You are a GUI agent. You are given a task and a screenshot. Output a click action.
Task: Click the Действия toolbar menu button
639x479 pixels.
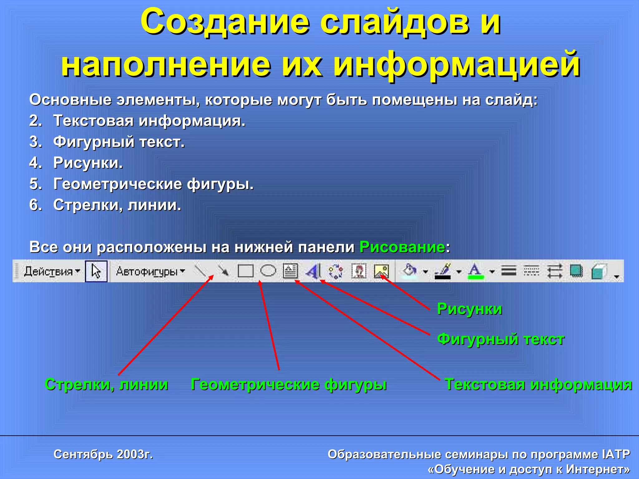[52, 272]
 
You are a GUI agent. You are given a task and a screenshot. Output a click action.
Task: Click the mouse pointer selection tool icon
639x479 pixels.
[96, 271]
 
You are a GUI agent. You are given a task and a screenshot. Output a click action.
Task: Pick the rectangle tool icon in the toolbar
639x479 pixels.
[246, 271]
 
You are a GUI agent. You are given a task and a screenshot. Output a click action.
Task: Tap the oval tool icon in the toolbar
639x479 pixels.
[268, 271]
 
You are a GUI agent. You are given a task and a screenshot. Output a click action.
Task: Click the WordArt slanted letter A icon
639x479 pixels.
[313, 271]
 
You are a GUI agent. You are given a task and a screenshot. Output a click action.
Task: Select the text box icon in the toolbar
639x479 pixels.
[290, 271]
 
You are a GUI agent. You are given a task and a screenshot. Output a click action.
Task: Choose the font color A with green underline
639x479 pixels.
[475, 271]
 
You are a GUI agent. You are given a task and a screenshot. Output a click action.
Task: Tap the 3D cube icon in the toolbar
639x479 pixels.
[598, 271]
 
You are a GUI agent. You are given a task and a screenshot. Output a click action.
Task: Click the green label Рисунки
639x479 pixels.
[470, 309]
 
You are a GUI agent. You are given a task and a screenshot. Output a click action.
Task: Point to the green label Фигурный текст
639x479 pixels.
[501, 339]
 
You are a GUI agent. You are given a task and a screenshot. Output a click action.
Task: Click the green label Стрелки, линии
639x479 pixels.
[106, 384]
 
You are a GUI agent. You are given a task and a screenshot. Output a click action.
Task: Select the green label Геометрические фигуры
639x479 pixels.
[289, 384]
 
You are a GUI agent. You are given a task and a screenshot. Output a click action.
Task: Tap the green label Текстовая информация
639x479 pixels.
[538, 384]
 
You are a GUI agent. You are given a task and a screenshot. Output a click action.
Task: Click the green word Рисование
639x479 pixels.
[402, 247]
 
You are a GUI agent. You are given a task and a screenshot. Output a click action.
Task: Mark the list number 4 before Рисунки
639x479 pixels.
[35, 163]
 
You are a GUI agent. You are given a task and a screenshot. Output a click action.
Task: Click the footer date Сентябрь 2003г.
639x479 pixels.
[103, 454]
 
